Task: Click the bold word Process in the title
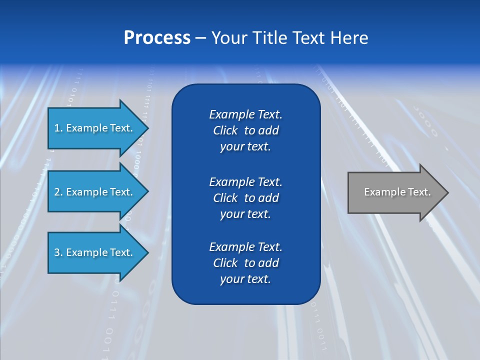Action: pos(157,38)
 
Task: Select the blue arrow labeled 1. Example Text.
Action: pos(95,128)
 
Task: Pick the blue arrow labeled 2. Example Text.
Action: pos(95,192)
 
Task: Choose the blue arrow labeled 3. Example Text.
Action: pos(95,252)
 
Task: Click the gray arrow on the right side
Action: pos(395,192)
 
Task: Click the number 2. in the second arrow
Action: pos(58,192)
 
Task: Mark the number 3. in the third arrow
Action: pos(58,252)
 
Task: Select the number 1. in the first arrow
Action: pos(58,128)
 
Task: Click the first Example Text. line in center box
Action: pos(245,114)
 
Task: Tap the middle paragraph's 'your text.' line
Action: pos(245,214)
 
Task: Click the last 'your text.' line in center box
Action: pos(245,279)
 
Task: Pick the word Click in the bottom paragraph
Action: pos(225,263)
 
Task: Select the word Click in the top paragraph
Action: pos(225,130)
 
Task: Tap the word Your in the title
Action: pos(229,38)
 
